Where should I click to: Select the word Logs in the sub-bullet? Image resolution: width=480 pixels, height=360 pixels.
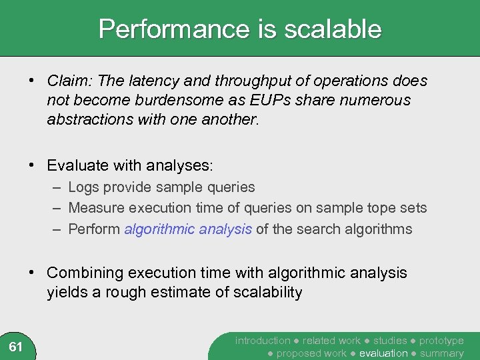point(84,187)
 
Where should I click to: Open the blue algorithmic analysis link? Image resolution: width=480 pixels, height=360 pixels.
point(188,229)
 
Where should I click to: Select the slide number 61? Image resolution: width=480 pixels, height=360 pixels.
point(16,346)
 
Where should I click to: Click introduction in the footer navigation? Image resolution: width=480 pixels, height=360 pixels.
point(263,341)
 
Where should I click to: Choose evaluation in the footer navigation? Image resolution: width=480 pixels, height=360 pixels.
point(383,353)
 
